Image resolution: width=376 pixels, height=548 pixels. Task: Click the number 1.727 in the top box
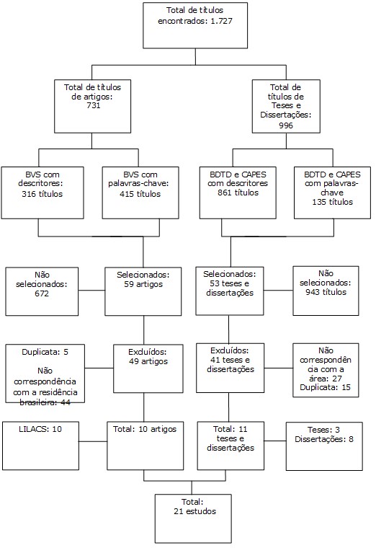click(x=221, y=21)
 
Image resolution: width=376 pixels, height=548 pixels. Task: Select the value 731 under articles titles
click(x=93, y=105)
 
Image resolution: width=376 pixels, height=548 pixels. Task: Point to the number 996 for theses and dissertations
click(x=285, y=125)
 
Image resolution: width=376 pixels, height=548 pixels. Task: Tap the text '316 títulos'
click(x=42, y=194)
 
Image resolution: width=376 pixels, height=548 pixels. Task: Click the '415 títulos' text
click(x=140, y=194)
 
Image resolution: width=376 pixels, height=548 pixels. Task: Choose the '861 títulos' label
click(x=238, y=193)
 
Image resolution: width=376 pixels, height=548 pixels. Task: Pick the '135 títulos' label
click(x=332, y=202)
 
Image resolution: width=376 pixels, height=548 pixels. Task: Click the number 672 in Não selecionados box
click(x=42, y=293)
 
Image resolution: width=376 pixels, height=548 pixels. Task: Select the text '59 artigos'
click(x=143, y=284)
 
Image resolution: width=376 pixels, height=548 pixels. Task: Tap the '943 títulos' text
click(x=326, y=292)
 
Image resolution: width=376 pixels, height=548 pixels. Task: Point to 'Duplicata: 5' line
click(x=45, y=352)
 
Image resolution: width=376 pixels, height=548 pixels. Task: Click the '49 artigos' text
click(x=148, y=361)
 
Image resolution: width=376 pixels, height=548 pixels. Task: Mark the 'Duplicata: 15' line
click(x=325, y=388)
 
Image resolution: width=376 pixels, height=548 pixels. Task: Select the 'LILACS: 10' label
click(x=40, y=429)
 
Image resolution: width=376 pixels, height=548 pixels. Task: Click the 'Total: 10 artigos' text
click(x=145, y=429)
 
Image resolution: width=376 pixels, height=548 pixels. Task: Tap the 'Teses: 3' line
click(x=323, y=430)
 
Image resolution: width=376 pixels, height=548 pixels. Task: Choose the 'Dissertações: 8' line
click(x=324, y=439)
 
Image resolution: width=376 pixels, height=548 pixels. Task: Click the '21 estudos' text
click(x=194, y=511)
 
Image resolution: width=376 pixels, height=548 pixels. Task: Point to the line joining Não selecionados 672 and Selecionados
click(x=91, y=290)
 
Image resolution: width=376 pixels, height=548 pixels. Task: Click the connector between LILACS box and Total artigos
click(x=93, y=441)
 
